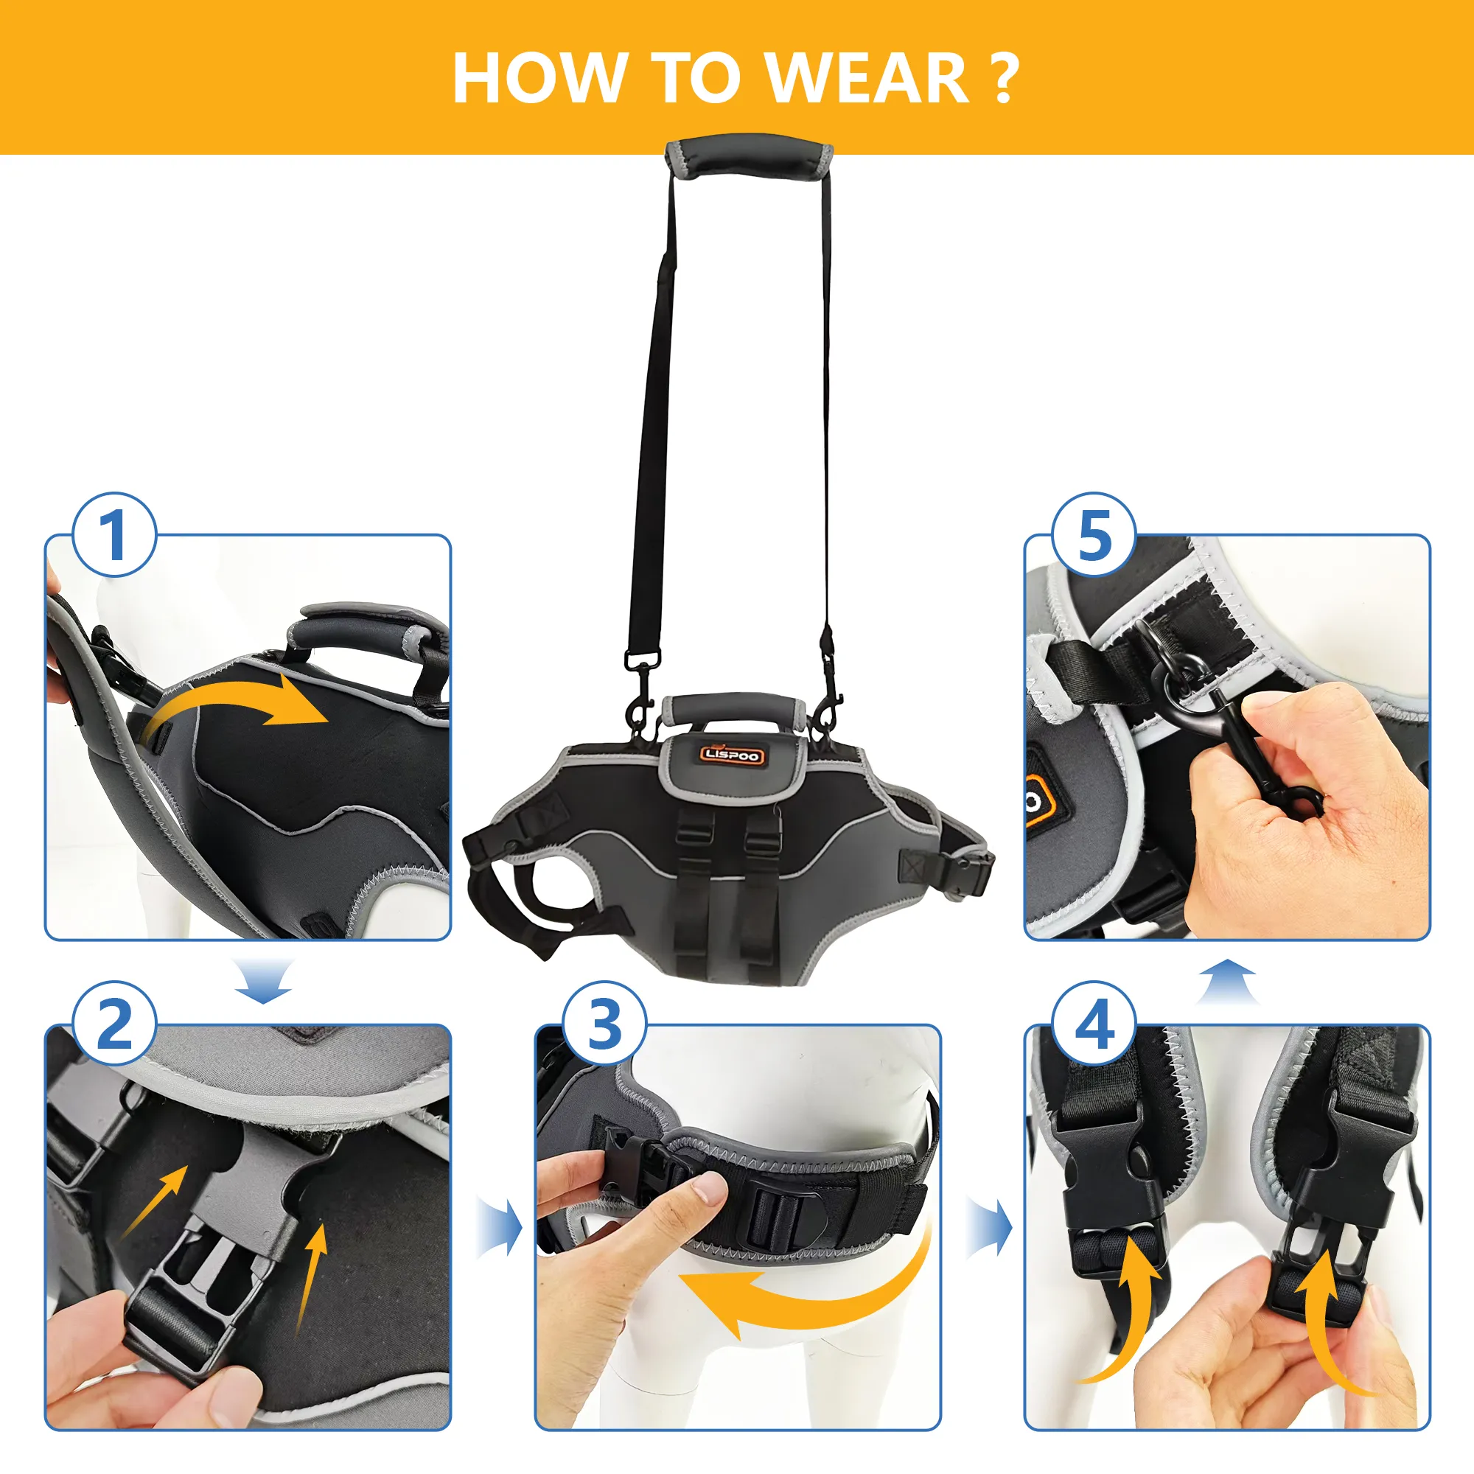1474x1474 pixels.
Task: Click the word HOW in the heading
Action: (538, 78)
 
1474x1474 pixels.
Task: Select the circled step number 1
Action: (114, 535)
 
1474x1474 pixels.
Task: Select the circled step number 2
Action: (114, 1024)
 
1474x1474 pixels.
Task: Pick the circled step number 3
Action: (604, 1024)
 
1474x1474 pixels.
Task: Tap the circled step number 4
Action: (1094, 1024)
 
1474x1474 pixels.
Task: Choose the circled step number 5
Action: (1094, 535)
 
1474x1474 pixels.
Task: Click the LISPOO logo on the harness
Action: (731, 755)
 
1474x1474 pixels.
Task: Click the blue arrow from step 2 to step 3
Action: (500, 1228)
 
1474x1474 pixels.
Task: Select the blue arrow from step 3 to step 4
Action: (990, 1228)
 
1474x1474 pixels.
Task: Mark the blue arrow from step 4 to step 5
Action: (1227, 982)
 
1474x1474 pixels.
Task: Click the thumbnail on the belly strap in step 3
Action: (708, 1188)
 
